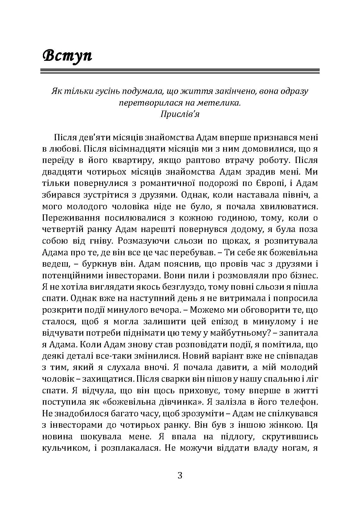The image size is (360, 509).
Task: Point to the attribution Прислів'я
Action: point(180,114)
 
